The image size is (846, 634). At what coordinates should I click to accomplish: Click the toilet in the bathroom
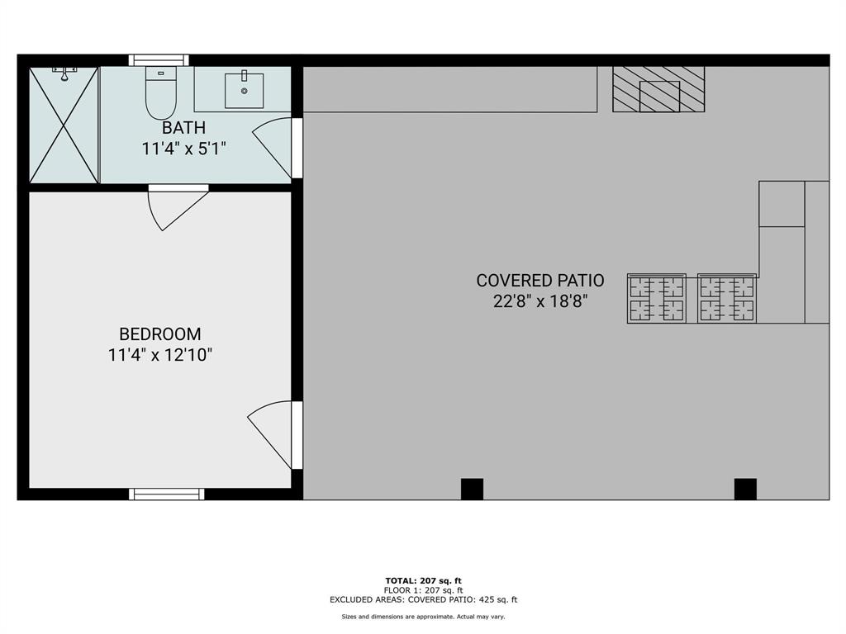161,93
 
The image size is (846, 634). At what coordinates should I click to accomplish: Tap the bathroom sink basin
245,91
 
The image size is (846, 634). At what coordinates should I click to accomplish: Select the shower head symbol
64,75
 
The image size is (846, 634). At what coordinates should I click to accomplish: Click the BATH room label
183,128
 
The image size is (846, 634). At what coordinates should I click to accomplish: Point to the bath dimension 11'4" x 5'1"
183,149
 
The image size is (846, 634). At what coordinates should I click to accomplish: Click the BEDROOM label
160,334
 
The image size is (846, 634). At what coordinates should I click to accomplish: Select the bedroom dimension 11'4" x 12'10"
160,356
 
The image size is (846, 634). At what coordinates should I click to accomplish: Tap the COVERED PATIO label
540,281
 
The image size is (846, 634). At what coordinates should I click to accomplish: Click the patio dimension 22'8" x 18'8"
540,301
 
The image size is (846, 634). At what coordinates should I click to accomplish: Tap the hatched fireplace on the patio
658,89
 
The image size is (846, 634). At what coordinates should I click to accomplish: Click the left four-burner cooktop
657,298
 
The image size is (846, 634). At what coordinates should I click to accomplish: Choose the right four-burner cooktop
727,298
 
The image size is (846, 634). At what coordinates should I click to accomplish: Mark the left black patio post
472,489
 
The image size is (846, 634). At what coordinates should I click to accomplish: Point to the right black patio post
745,489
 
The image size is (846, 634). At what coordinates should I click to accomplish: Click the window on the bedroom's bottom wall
166,494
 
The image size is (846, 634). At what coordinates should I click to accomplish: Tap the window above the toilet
159,60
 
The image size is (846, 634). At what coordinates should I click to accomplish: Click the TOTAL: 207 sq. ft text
423,580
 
